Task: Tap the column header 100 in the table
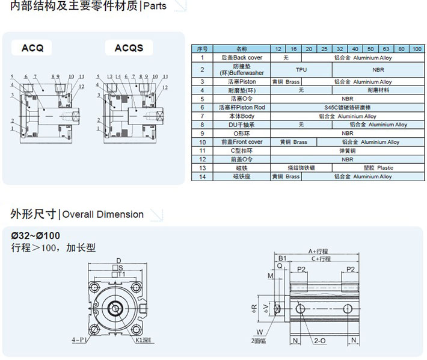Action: click(417, 48)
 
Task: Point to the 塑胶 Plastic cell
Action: click(377, 168)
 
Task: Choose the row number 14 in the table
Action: click(203, 177)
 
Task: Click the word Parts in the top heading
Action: click(155, 7)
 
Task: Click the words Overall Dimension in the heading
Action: click(103, 214)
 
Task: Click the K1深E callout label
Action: click(144, 340)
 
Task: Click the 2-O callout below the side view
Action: click(319, 341)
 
